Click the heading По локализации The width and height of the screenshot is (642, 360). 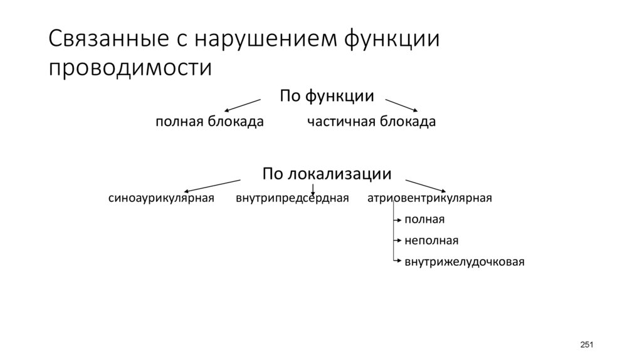click(327, 172)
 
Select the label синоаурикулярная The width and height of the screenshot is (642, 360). click(162, 199)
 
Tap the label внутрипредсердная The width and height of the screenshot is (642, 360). click(292, 199)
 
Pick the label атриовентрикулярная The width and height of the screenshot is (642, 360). click(429, 199)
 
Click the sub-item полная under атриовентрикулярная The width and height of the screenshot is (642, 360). click(424, 220)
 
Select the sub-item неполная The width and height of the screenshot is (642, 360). click(431, 240)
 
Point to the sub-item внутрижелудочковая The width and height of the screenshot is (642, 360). click(464, 261)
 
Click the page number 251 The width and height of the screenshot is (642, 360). click(586, 345)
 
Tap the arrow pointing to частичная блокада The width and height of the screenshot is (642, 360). click(401, 105)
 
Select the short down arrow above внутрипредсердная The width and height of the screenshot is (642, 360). click(313, 188)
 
